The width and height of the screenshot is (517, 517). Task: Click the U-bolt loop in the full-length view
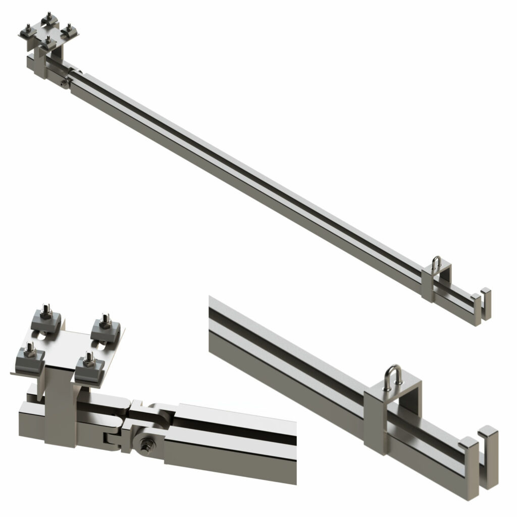437,262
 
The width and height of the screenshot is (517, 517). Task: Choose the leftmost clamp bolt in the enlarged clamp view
29,349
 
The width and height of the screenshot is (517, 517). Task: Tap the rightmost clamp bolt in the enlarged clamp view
106,320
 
